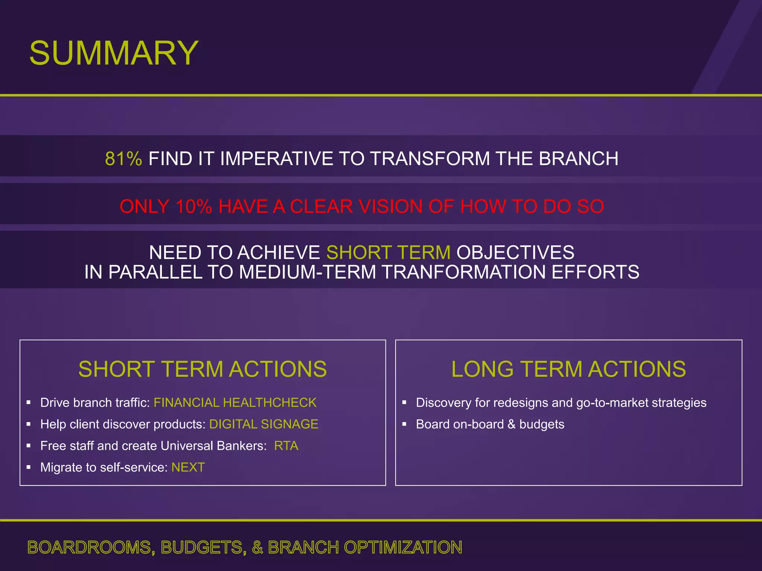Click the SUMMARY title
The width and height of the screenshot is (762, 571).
pyautogui.click(x=114, y=53)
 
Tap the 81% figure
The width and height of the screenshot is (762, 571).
pyautogui.click(x=123, y=159)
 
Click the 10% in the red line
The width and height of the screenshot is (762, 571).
pyautogui.click(x=193, y=207)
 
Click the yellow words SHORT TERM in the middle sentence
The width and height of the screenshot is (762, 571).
pyautogui.click(x=388, y=253)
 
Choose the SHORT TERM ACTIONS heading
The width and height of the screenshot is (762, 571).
pyautogui.click(x=202, y=369)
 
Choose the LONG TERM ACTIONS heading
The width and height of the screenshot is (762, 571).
pyautogui.click(x=568, y=369)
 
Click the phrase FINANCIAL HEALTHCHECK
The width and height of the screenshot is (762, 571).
pyautogui.click(x=235, y=403)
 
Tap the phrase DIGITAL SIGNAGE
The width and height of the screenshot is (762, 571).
pyautogui.click(x=263, y=424)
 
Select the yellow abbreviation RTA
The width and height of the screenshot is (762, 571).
pyautogui.click(x=286, y=446)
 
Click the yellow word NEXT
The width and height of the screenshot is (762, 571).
pyautogui.click(x=188, y=467)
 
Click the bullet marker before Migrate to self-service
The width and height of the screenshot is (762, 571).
pyautogui.click(x=29, y=467)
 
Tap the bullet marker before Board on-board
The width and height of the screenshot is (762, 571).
pyautogui.click(x=404, y=424)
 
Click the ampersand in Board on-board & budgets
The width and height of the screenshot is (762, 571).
pyautogui.click(x=512, y=424)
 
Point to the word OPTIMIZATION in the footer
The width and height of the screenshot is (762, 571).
pyautogui.click(x=403, y=548)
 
